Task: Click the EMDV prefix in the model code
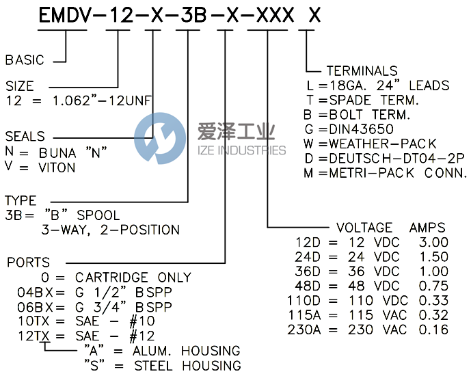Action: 66,17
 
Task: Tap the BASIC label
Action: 25,60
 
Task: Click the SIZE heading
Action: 20,87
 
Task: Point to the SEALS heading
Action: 25,136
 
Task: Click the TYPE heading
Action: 21,201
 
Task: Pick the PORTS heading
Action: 28,263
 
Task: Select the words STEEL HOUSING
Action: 187,366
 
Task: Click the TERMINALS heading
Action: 362,71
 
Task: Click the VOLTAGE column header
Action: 364,228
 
